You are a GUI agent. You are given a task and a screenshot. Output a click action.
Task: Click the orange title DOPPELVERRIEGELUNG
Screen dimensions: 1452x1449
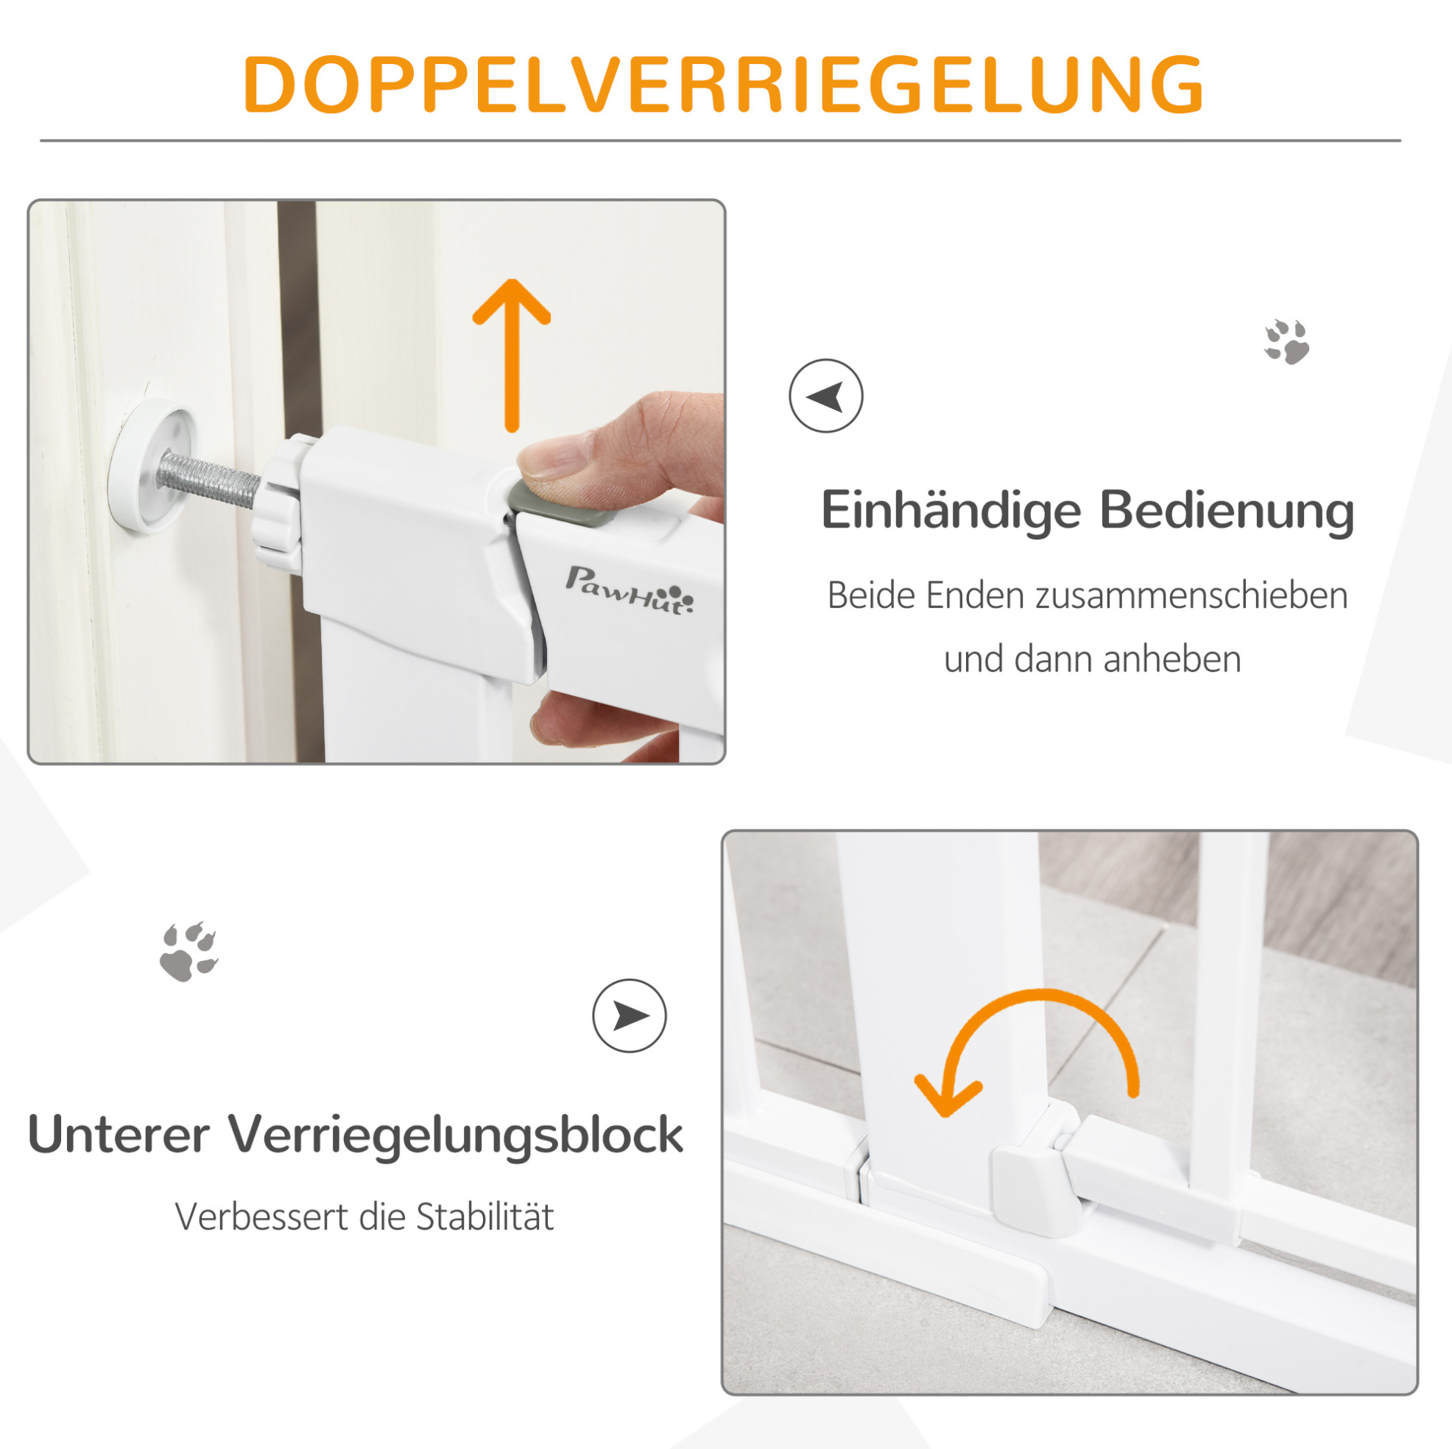click(725, 84)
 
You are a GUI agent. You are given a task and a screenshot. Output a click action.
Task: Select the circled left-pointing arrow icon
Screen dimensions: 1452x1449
click(826, 396)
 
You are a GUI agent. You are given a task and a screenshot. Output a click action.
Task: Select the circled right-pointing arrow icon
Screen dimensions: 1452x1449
click(629, 1016)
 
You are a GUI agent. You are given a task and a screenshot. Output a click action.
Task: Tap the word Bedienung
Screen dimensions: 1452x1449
click(1227, 511)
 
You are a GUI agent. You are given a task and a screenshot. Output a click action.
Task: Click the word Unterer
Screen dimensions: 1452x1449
click(119, 1134)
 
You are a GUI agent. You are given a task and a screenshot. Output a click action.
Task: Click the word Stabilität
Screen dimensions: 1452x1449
click(484, 1217)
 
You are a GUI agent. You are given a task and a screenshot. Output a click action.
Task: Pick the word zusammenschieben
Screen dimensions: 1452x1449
click(1191, 595)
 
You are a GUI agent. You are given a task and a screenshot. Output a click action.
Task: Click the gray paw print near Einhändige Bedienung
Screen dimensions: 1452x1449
click(1286, 341)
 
